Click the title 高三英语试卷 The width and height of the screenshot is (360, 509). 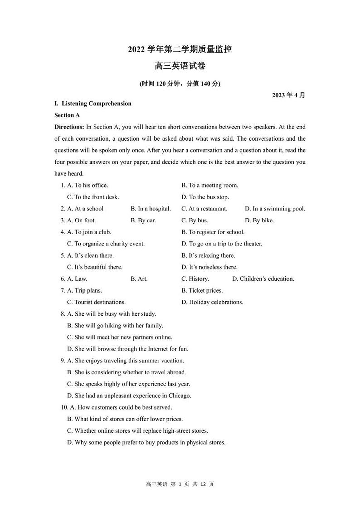[180, 66]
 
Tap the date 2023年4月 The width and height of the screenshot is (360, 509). [289, 95]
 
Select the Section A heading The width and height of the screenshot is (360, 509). [67, 115]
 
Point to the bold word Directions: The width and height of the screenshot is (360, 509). [69, 127]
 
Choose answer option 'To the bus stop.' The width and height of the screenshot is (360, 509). [205, 197]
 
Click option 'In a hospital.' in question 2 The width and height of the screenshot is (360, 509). [151, 209]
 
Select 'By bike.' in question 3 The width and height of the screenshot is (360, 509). [259, 220]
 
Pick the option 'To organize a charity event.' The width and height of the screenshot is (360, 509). [106, 244]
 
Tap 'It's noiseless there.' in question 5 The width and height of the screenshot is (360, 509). [209, 267]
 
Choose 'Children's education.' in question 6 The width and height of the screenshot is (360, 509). [263, 279]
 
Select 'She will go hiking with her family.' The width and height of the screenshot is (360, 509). [115, 325]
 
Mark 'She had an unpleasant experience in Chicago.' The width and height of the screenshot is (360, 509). [129, 396]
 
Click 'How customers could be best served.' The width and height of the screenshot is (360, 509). [120, 407]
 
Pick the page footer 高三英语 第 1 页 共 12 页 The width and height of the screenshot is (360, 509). [180, 484]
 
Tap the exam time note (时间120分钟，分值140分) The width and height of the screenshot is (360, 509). [180, 84]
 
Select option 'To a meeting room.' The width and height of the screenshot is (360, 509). [209, 185]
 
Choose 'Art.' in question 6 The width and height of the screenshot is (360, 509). [139, 279]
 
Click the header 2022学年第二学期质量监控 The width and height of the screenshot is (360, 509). [180, 49]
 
